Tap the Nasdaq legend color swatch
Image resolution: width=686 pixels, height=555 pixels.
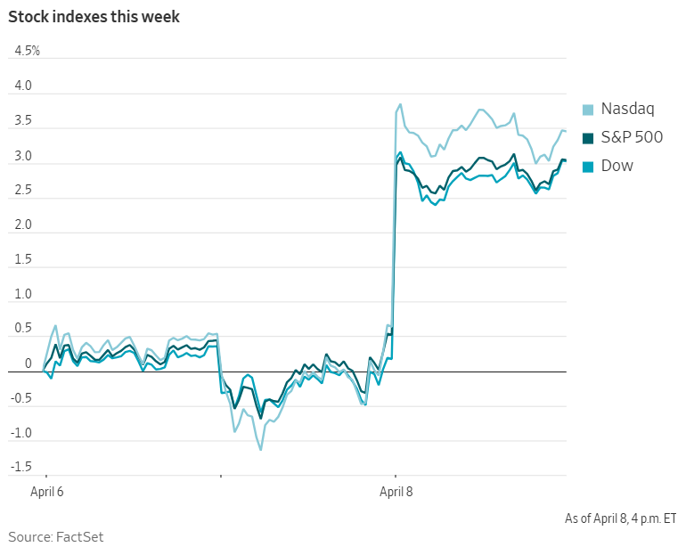pyautogui.click(x=588, y=110)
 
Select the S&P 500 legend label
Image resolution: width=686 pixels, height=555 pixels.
pyautogui.click(x=632, y=138)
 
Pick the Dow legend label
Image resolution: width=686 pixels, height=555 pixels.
pyautogui.click(x=617, y=166)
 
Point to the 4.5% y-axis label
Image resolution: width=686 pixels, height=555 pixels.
pyautogui.click(x=27, y=51)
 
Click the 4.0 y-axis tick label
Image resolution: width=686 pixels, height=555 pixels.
pyautogui.click(x=22, y=86)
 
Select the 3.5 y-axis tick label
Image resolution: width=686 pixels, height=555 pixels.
pyautogui.click(x=22, y=121)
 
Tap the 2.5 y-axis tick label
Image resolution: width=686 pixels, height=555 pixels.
pyautogui.click(x=22, y=191)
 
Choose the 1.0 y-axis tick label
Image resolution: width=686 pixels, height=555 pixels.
pyautogui.click(x=22, y=295)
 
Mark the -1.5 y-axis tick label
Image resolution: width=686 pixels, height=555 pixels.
pyautogui.click(x=20, y=468)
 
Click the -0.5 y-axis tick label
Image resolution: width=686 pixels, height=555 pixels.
pyautogui.click(x=20, y=398)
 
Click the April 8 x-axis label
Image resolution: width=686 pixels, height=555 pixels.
pyautogui.click(x=397, y=491)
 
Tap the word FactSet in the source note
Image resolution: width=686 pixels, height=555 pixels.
pyautogui.click(x=83, y=537)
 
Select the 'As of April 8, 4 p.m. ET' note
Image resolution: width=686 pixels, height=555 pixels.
pyautogui.click(x=620, y=518)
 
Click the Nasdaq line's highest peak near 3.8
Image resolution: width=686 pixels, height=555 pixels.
pyautogui.click(x=400, y=104)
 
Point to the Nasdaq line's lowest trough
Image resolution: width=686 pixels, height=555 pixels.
pyautogui.click(x=261, y=450)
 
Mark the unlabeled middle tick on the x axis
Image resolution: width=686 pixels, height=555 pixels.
pyautogui.click(x=220, y=477)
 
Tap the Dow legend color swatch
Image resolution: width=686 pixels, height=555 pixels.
pyautogui.click(x=588, y=166)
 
